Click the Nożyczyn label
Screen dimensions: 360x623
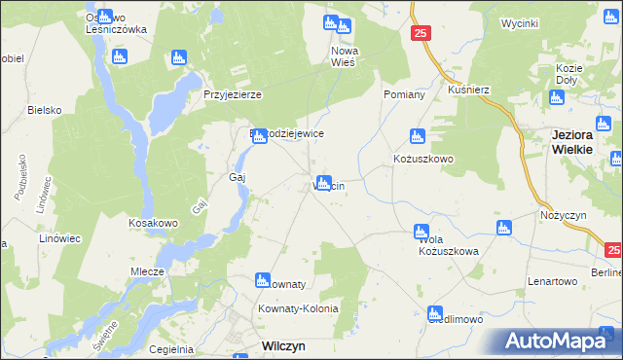point(560,215)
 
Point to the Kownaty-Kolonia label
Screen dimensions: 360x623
point(298,308)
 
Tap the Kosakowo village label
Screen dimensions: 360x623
point(154,223)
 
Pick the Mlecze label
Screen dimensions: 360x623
point(147,271)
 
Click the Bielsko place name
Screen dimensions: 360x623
point(45,110)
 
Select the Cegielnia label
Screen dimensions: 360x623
point(171,348)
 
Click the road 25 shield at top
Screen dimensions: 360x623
point(420,33)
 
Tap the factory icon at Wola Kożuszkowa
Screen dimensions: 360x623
point(503,229)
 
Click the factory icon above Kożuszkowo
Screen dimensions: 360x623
point(418,136)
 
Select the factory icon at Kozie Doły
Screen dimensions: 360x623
point(556,97)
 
